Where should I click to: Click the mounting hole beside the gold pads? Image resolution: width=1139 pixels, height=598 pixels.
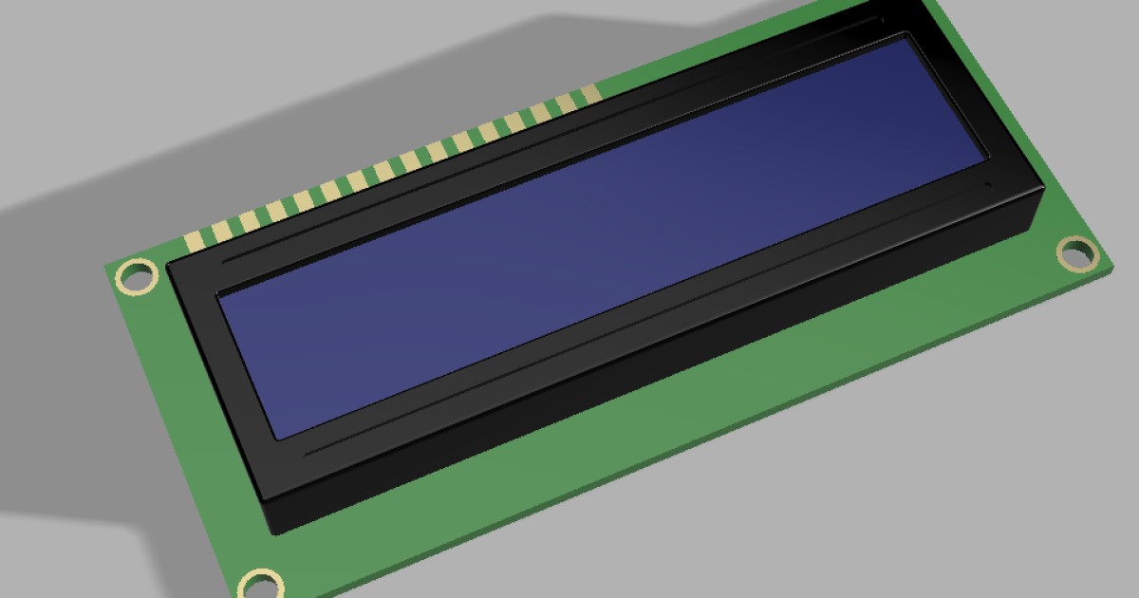tap(136, 276)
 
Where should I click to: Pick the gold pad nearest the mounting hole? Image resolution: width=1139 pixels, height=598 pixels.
tap(196, 238)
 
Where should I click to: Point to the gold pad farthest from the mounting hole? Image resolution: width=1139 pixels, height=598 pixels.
tap(589, 92)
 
